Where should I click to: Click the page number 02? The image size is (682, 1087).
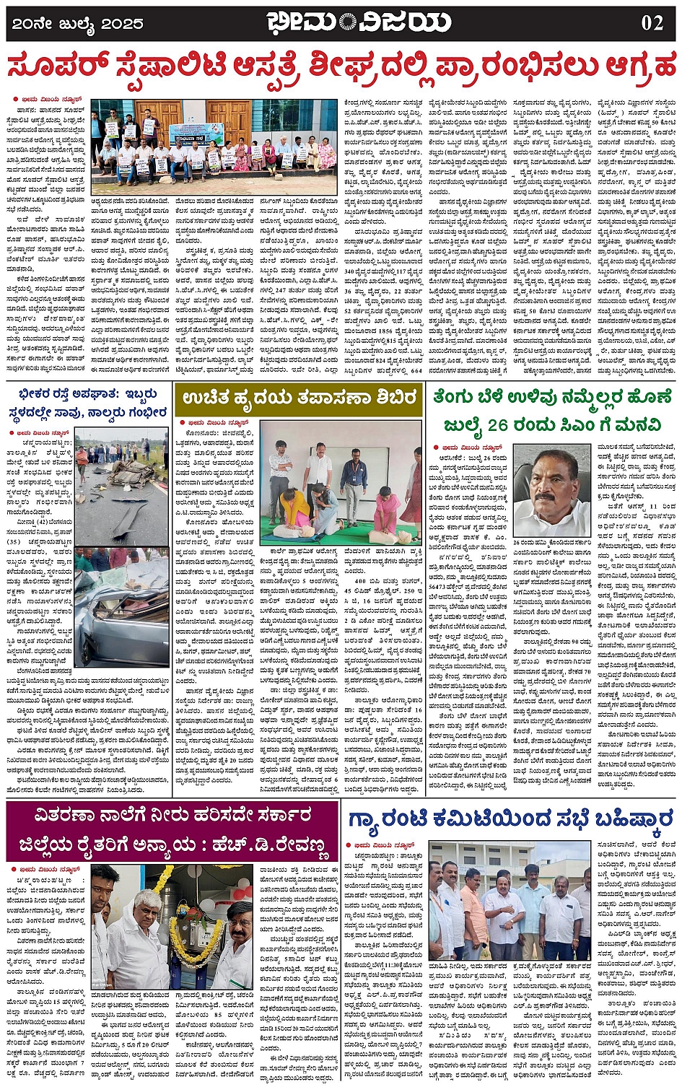(651, 22)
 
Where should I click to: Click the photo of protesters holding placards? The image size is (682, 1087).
(214, 147)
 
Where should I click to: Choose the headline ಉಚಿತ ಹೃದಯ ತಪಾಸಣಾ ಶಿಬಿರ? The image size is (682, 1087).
(299, 398)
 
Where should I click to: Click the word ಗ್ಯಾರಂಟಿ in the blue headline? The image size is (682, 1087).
(390, 819)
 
